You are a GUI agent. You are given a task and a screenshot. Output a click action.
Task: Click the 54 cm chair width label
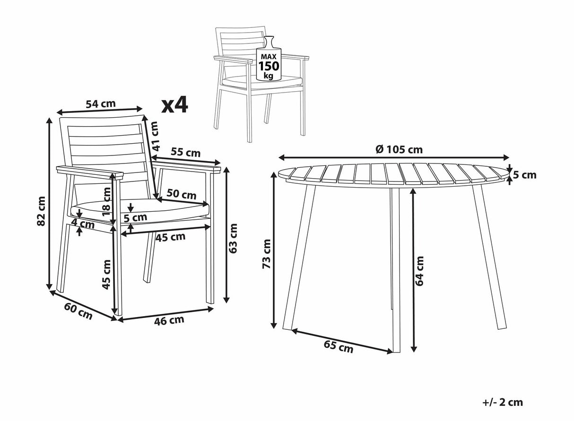[x=101, y=103]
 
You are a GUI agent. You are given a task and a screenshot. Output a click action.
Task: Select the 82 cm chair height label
[x=41, y=211]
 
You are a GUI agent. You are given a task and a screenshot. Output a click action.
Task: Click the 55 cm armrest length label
[x=186, y=152]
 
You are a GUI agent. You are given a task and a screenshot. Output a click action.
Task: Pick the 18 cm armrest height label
[x=107, y=201]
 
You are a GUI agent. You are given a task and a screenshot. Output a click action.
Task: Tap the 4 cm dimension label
[x=83, y=224]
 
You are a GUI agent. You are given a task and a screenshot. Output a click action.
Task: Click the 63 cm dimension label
[x=233, y=238]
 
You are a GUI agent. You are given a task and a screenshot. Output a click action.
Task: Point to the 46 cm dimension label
[x=169, y=320]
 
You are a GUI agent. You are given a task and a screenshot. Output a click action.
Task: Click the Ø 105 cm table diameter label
[x=399, y=149]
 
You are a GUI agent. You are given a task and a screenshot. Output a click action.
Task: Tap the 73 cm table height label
[x=267, y=254]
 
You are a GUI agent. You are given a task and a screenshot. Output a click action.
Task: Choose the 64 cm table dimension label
[x=419, y=271]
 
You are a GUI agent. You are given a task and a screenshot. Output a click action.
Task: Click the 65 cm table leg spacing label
[x=339, y=346]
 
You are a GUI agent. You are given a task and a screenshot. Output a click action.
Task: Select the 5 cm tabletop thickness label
[x=524, y=175]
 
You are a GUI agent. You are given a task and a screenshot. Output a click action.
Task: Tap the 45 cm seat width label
[x=171, y=237]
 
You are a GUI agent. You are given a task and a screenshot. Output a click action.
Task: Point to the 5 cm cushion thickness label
[x=135, y=217]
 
